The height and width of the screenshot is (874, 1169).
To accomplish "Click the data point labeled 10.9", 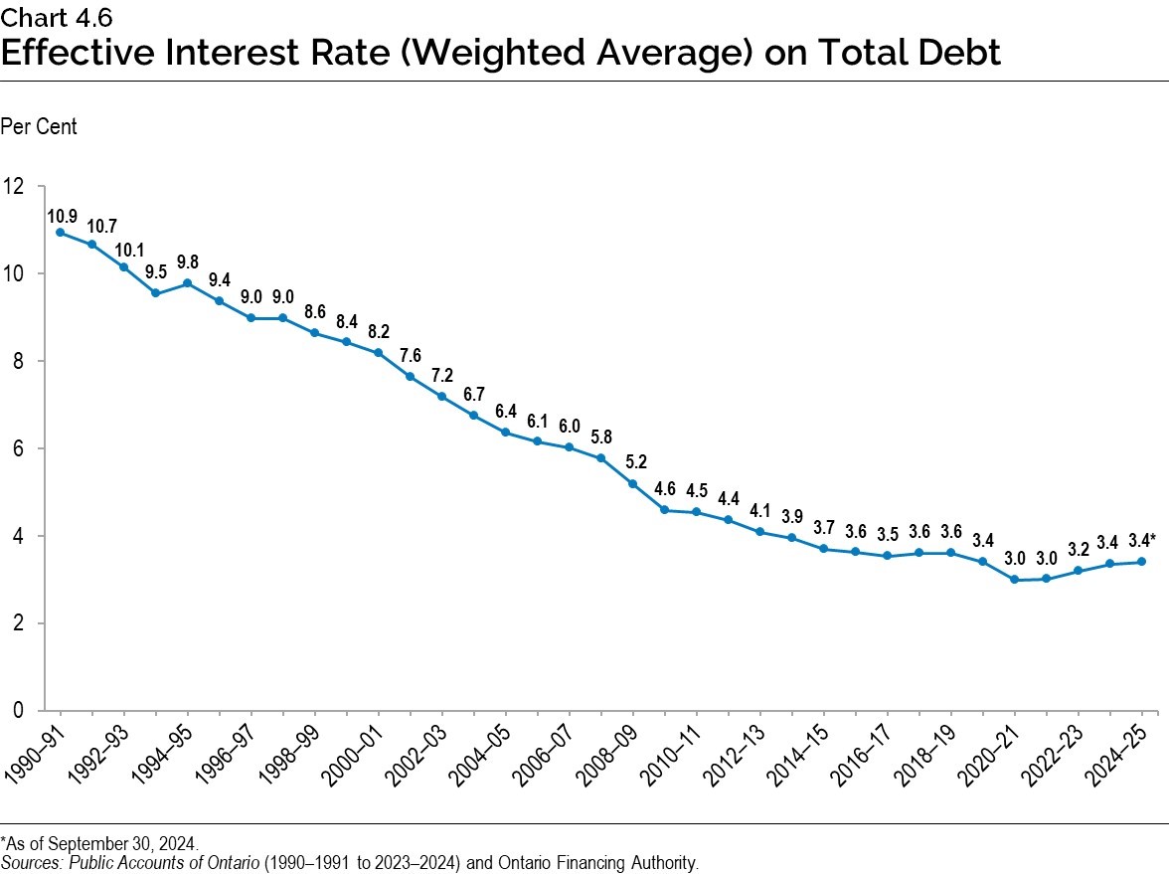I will (61, 233).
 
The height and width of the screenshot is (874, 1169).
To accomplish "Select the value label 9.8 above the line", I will (187, 262).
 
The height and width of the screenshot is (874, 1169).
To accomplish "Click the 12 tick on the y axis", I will (14, 186).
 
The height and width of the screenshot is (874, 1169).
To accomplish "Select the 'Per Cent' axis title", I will (39, 127).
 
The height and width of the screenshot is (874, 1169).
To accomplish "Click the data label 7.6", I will (410, 355).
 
